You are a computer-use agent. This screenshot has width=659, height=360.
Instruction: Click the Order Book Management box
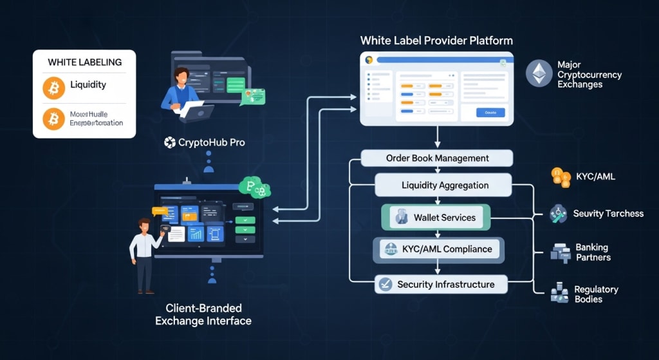point(436,158)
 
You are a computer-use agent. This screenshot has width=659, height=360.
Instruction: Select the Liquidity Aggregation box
point(443,185)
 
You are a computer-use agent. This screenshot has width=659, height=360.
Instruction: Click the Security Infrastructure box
point(441,284)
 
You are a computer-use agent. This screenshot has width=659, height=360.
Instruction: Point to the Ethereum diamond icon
point(539,73)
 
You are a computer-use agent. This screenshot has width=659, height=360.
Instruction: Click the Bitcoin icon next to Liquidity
point(54,87)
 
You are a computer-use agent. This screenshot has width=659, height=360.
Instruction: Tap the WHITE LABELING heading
point(84,62)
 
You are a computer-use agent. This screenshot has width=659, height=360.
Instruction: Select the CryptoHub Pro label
point(205,142)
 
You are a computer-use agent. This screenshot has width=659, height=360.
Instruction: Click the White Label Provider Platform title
point(436,41)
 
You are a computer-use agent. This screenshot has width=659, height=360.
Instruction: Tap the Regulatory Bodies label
point(596,294)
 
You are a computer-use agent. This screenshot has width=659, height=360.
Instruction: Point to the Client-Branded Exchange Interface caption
point(203,314)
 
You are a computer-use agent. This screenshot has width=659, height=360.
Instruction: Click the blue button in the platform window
point(490,113)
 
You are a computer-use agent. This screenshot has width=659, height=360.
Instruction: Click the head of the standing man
point(144,225)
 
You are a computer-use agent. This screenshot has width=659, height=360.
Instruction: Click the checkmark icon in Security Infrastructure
point(385,284)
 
